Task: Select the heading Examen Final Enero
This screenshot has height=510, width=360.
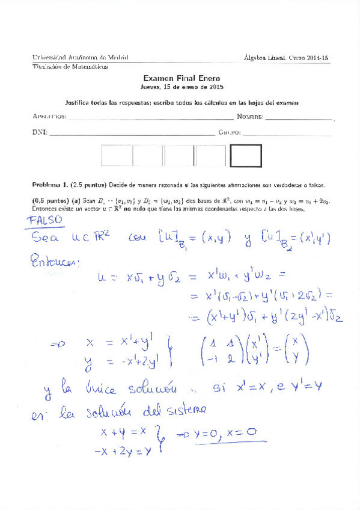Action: [182, 78]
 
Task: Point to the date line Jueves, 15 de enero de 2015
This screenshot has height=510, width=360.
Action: [182, 87]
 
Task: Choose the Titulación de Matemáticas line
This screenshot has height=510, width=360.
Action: [70, 67]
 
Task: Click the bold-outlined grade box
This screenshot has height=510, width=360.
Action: [246, 156]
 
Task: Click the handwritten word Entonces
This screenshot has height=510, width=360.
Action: [53, 262]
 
